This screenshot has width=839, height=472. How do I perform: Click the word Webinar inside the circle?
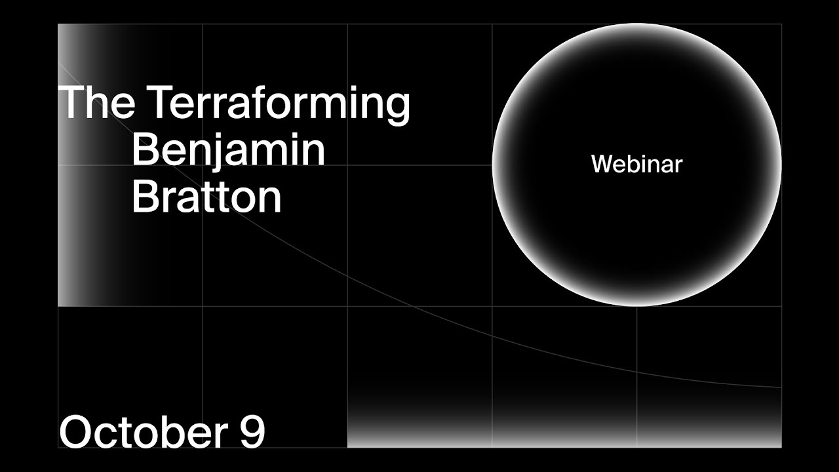[636, 164]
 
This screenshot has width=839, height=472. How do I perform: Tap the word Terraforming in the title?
[278, 103]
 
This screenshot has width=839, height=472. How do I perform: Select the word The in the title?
[97, 102]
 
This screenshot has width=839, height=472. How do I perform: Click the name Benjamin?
[228, 150]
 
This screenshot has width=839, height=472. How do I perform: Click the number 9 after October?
[252, 432]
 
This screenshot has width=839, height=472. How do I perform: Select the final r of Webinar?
[678, 165]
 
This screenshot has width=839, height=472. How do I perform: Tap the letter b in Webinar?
[630, 164]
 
